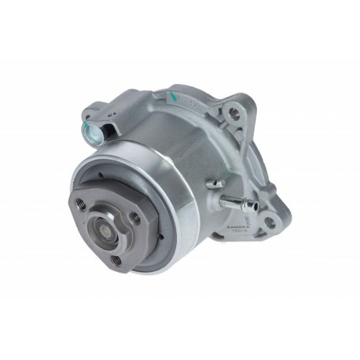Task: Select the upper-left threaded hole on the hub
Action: coord(82,203)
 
